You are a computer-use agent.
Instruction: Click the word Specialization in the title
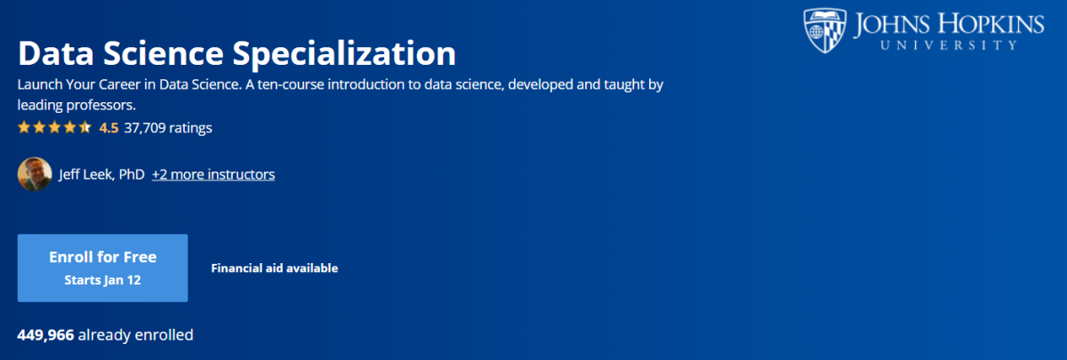pos(344,54)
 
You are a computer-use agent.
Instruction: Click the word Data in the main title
pos(56,52)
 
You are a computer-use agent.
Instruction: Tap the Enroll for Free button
pos(102,268)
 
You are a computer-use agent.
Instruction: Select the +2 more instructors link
pos(213,174)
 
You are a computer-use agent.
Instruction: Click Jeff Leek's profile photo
pos(35,174)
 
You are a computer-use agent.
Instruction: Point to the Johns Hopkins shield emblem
pos(824,30)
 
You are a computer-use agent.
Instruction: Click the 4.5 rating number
pos(108,128)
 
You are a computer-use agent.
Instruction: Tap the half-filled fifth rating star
pos(84,127)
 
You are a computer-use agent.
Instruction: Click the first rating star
pos(24,127)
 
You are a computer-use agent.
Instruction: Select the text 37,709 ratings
pos(168,128)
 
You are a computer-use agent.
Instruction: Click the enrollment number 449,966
pos(45,335)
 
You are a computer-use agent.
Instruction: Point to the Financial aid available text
pos(275,268)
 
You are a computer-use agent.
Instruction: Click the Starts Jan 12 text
pos(102,280)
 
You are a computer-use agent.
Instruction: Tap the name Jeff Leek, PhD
pos(101,174)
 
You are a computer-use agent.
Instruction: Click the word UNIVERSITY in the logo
pos(949,45)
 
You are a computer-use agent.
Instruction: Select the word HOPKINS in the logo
pos(991,24)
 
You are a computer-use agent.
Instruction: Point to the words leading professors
pos(76,105)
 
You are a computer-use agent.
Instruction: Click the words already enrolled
pos(136,335)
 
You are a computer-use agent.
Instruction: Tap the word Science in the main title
pos(164,52)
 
